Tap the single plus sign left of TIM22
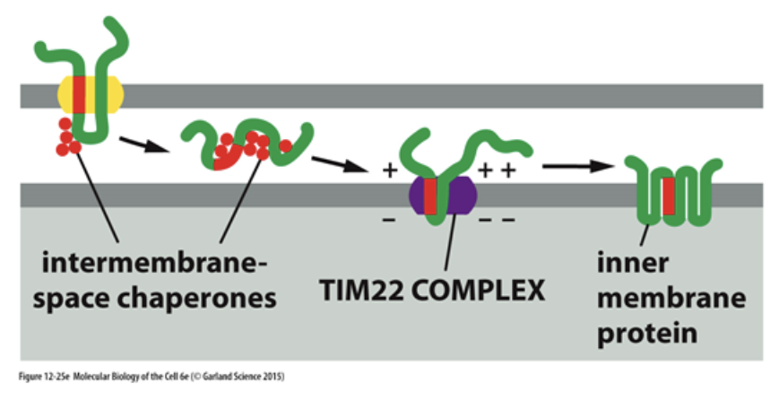tap(390, 171)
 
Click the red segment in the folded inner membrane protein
tap(669, 197)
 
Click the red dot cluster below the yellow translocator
tap(66, 136)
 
